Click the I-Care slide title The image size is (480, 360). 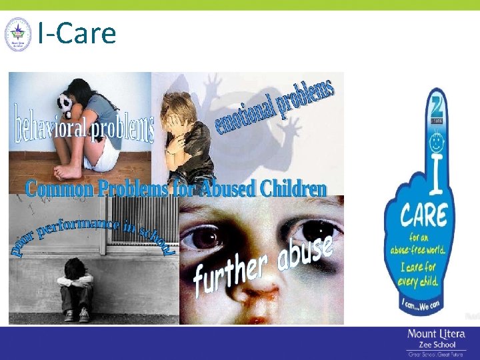coord(77,33)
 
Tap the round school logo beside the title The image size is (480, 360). coord(17,35)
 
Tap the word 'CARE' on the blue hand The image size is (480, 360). coord(423,215)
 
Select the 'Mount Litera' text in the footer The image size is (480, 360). coord(437,334)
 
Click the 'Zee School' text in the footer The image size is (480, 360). coord(436,344)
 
